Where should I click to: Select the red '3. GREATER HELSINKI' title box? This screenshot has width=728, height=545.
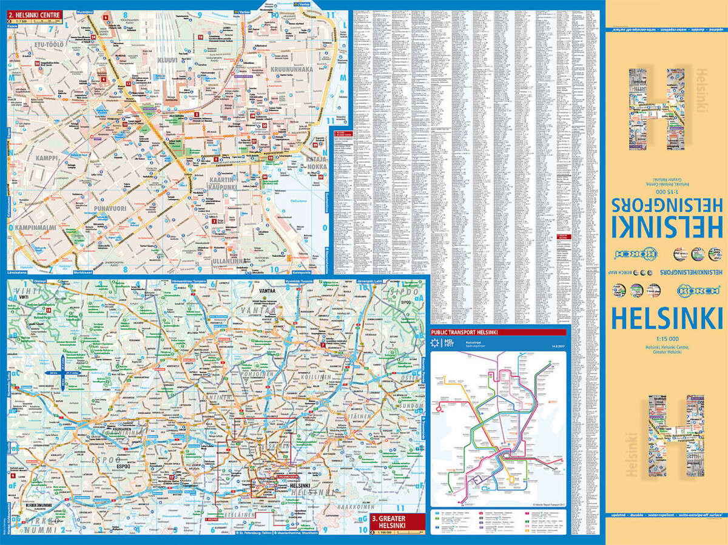(394, 521)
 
